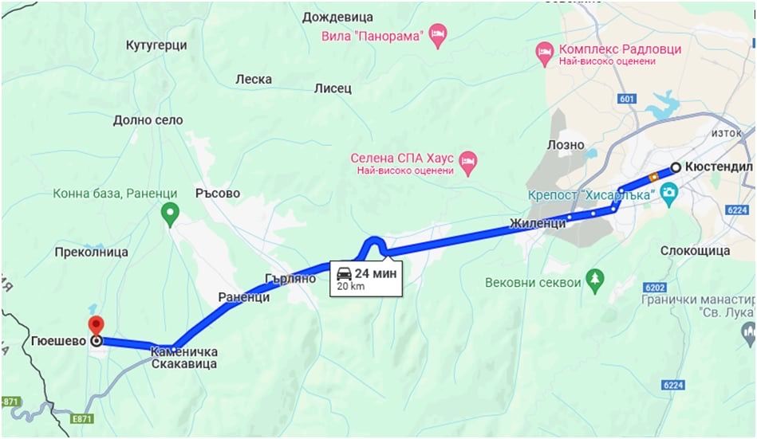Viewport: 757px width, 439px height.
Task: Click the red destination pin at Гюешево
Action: pos(97,325)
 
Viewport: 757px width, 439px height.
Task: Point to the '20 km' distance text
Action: pos(350,286)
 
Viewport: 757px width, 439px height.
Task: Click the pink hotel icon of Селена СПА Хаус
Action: pos(469,162)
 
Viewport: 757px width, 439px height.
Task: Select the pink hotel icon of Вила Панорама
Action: pos(437,35)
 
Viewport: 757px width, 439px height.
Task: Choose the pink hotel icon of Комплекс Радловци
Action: pos(545,49)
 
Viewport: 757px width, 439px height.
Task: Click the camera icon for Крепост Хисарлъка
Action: pos(668,193)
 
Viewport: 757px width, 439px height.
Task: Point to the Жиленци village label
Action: pos(538,224)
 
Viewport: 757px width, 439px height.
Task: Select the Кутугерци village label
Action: pos(156,45)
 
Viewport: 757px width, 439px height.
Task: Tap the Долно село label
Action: pos(148,120)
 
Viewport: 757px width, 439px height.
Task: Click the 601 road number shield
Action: pos(627,98)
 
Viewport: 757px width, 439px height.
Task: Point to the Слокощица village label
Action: pos(696,251)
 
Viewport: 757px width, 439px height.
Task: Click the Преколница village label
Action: pos(92,253)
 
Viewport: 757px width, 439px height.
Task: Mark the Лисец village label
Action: pos(333,88)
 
